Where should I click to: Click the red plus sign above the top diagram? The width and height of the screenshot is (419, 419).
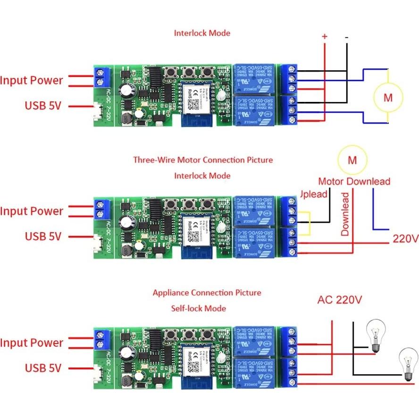coord(324,36)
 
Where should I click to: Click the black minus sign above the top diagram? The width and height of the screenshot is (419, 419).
coord(347,37)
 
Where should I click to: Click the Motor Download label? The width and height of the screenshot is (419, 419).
coord(354,181)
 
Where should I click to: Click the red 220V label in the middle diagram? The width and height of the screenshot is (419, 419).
coord(405,239)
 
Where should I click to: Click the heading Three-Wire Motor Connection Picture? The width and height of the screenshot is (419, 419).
coord(203,160)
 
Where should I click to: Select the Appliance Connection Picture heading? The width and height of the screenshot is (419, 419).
coord(207,293)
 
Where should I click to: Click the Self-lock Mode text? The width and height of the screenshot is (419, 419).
coord(198,308)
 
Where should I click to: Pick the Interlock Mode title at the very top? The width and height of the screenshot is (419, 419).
coord(202,33)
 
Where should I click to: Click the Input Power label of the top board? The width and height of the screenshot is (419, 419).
coord(31,80)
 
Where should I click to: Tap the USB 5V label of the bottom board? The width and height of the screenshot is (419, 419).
coord(43,368)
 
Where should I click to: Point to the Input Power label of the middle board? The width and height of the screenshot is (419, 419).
coord(31,211)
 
